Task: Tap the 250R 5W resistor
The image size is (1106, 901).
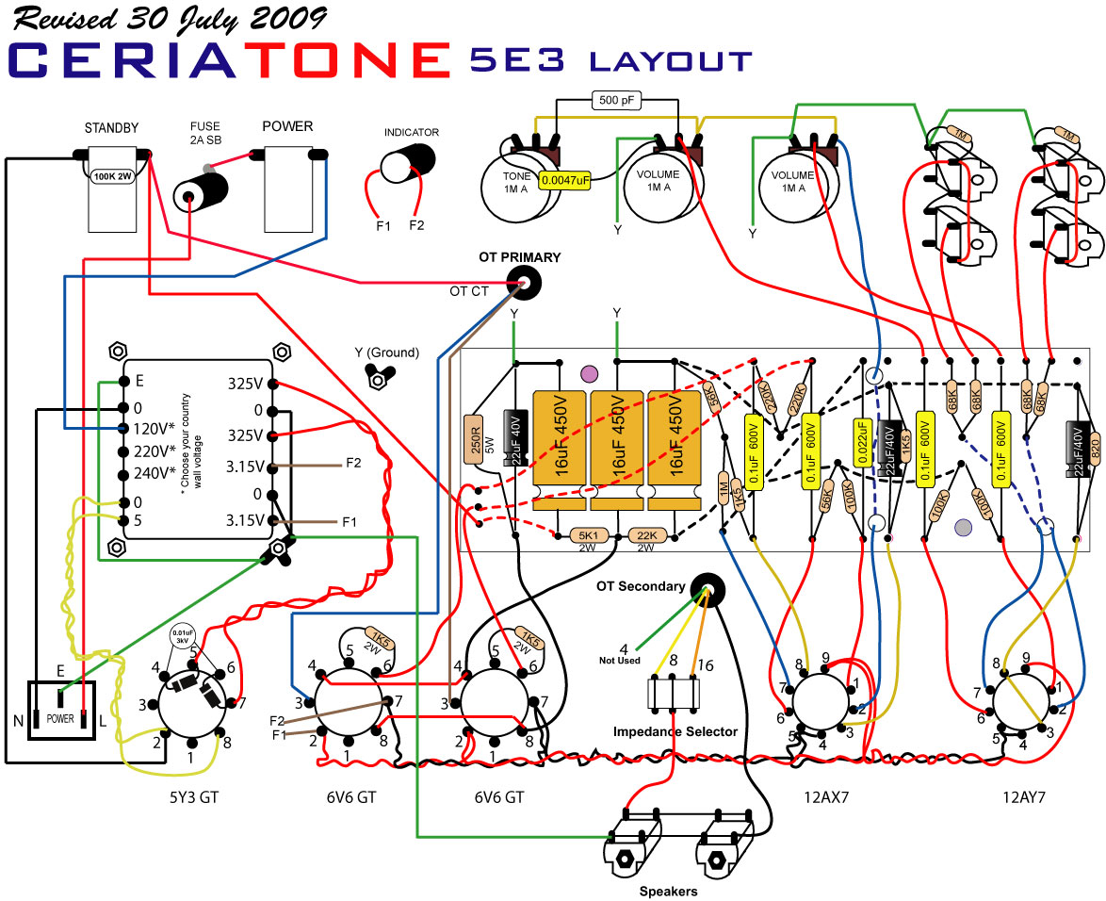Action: click(473, 440)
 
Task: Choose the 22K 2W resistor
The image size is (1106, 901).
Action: click(645, 535)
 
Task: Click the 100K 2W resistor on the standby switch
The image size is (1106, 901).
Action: click(111, 174)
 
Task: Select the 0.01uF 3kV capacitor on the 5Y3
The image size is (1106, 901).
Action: click(181, 636)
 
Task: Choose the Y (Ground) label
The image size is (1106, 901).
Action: click(386, 352)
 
